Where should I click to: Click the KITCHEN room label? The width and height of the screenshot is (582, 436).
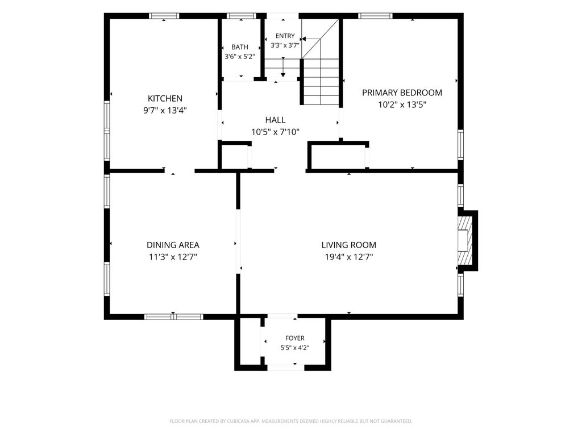(165, 99)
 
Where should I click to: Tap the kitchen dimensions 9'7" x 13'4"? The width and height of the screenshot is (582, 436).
(165, 111)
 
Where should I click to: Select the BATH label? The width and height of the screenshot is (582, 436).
(240, 47)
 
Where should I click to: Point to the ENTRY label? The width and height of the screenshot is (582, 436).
(285, 36)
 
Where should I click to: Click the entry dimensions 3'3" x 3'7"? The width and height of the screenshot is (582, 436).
(285, 45)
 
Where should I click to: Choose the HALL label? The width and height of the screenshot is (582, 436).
(276, 120)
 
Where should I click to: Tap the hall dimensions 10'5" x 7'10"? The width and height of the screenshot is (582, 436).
(276, 132)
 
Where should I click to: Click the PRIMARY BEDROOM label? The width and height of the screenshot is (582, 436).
(402, 93)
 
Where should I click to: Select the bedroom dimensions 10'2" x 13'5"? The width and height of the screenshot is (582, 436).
(402, 104)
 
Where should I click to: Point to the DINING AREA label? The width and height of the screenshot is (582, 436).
(173, 245)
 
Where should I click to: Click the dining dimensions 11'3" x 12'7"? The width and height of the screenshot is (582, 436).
(173, 257)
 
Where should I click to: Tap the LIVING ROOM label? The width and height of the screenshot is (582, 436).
(349, 245)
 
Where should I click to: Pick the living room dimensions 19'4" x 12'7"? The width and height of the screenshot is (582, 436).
(349, 257)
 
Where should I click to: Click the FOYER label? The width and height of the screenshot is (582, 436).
(295, 338)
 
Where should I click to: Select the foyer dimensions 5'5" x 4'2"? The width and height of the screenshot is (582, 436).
(295, 348)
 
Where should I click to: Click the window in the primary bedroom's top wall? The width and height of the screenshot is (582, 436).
(375, 16)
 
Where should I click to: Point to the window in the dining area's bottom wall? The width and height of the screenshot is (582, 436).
(174, 317)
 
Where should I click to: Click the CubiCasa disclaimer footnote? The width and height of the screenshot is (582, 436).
(290, 421)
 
